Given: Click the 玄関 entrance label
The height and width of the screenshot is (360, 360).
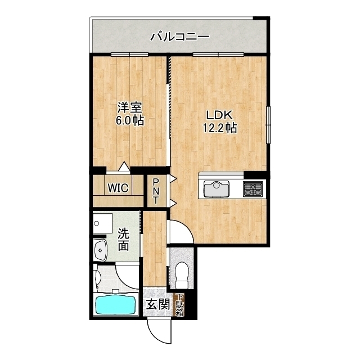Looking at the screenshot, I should pos(157,305).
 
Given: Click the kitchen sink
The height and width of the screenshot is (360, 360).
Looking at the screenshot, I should pos(215,188).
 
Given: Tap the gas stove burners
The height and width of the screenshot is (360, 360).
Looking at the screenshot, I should pos(253,188).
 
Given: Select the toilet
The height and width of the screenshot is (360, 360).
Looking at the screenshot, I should pos(181,275).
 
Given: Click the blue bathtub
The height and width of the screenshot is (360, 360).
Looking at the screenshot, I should pos(116,305).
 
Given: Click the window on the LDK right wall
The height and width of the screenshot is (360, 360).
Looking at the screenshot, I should pos(268,124).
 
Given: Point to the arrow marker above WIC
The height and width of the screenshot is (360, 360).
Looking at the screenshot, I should pos(123,167).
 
